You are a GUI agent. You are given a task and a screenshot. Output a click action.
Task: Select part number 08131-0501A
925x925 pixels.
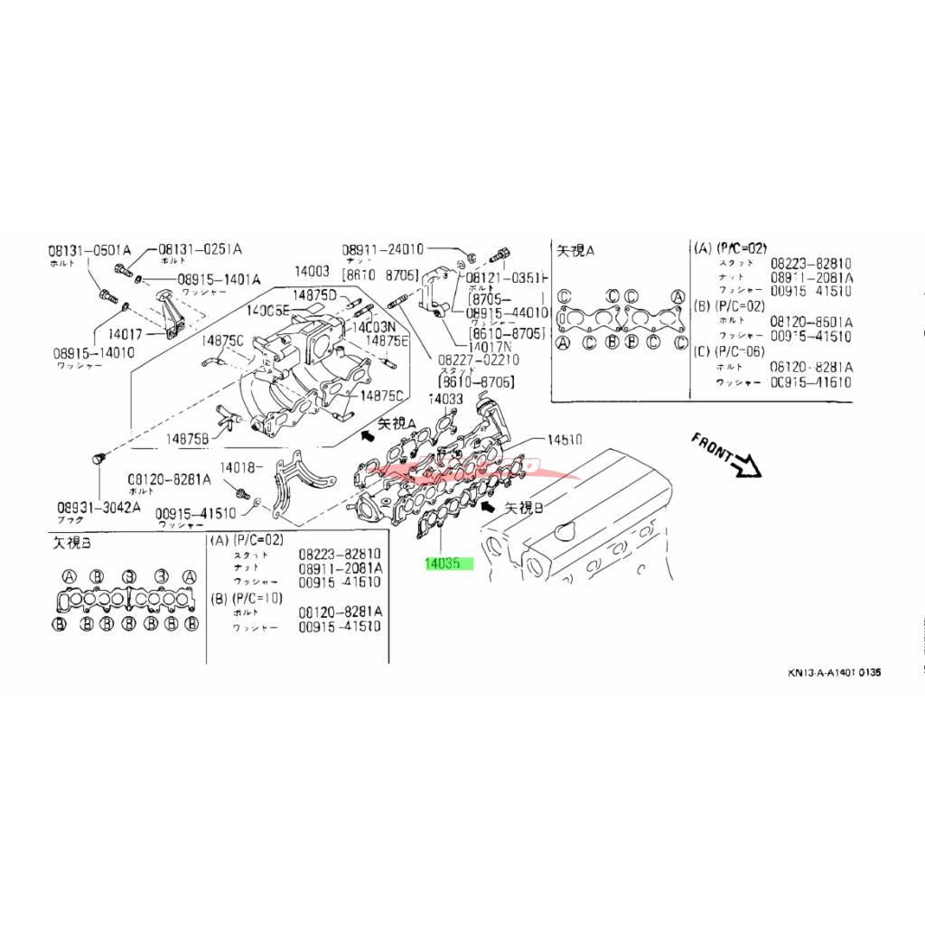pyautogui.click(x=89, y=250)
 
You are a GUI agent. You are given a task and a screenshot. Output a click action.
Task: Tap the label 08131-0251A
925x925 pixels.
pyautogui.click(x=201, y=249)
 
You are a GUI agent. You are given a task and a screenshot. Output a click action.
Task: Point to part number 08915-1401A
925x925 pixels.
pyautogui.click(x=219, y=280)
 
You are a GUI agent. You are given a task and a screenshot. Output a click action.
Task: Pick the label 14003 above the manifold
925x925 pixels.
pyautogui.click(x=312, y=271)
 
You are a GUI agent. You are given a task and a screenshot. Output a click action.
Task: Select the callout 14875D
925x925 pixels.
pyautogui.click(x=313, y=295)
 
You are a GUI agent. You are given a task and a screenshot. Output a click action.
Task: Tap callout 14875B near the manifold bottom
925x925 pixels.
pyautogui.click(x=187, y=439)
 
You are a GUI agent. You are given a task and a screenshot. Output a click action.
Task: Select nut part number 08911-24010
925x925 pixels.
pyautogui.click(x=383, y=249)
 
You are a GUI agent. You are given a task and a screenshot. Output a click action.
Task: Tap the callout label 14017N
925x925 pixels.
pyautogui.click(x=490, y=345)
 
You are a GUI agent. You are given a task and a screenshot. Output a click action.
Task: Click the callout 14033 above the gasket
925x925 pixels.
pyautogui.click(x=445, y=397)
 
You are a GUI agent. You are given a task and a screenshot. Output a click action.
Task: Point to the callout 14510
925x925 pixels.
pyautogui.click(x=565, y=440)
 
